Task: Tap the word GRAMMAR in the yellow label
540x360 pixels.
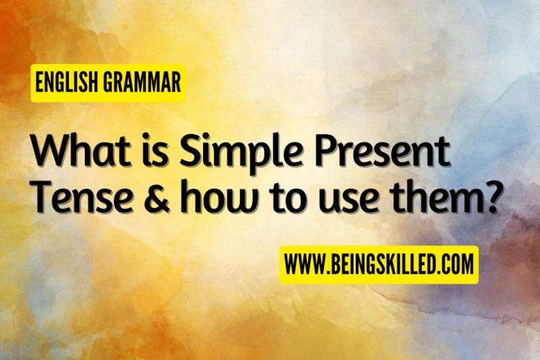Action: coord(142,82)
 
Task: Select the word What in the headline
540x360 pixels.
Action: coord(81,150)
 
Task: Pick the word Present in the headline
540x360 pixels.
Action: coord(382,150)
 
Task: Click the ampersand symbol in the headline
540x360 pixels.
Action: coord(157,197)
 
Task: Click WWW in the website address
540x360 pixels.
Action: coord(304,264)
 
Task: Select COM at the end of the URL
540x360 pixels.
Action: coord(457,264)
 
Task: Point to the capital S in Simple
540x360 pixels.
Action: coord(190,150)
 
